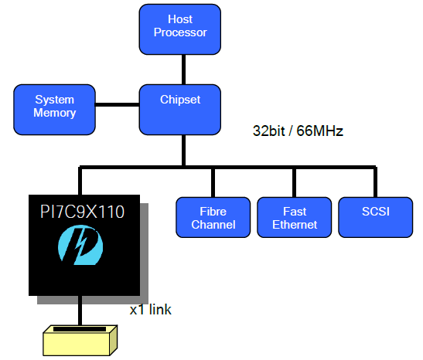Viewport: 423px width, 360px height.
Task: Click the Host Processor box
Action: pyautogui.click(x=180, y=29)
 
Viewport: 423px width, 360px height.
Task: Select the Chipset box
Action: pyautogui.click(x=180, y=110)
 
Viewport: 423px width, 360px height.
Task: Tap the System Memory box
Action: pyautogui.click(x=54, y=110)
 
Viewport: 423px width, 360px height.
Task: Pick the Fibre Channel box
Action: pyautogui.click(x=213, y=217)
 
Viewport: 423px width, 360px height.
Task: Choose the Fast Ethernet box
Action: pyautogui.click(x=295, y=217)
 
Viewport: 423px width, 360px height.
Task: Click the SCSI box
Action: pyautogui.click(x=376, y=217)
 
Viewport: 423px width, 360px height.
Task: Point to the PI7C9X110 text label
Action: pyautogui.click(x=82, y=212)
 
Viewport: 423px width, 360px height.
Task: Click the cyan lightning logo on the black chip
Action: pyautogui.click(x=80, y=245)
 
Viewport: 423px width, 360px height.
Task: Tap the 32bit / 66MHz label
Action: pyautogui.click(x=298, y=131)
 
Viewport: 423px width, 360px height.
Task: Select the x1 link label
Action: pyautogui.click(x=150, y=309)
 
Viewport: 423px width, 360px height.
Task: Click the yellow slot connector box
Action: pyautogui.click(x=80, y=341)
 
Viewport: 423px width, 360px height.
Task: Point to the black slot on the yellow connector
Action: pyautogui.click(x=80, y=329)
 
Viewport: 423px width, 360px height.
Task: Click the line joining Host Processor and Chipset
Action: pyautogui.click(x=183, y=70)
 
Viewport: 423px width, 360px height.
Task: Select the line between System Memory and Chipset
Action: pyautogui.click(x=118, y=104)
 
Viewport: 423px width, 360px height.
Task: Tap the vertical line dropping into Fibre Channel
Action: pyautogui.click(x=213, y=183)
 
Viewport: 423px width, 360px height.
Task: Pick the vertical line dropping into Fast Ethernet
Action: pyautogui.click(x=294, y=183)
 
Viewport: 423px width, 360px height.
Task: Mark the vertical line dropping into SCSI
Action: pyautogui.click(x=375, y=182)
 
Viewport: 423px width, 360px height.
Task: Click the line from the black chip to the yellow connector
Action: pyautogui.click(x=80, y=311)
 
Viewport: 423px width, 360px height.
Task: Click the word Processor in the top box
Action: pyautogui.click(x=180, y=32)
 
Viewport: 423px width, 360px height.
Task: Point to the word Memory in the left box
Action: pyautogui.click(x=54, y=113)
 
